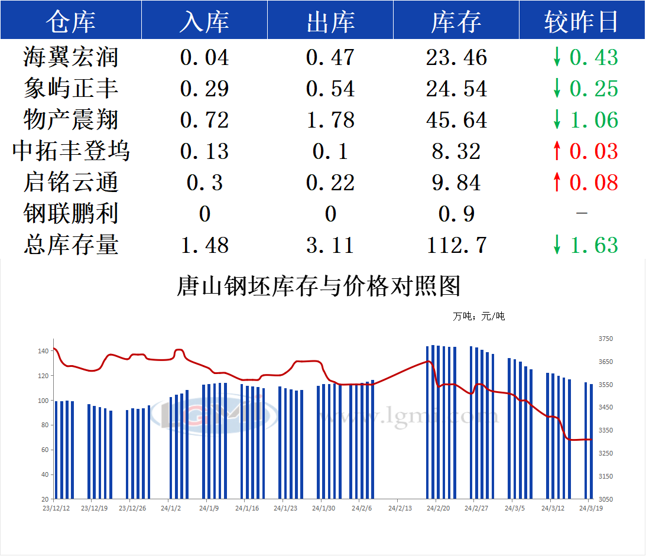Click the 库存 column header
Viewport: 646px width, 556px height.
(x=456, y=22)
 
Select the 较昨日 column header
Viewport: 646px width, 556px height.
(x=582, y=22)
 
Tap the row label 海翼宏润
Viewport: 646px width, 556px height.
(x=71, y=57)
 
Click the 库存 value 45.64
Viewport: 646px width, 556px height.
(x=456, y=120)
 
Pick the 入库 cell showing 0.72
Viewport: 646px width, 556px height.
(x=204, y=120)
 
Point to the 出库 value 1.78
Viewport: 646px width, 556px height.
(x=330, y=120)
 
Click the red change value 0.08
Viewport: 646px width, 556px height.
(x=593, y=183)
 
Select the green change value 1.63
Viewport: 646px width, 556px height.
(x=593, y=245)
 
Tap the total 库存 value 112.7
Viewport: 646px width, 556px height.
(x=456, y=245)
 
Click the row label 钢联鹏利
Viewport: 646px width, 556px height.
(x=71, y=214)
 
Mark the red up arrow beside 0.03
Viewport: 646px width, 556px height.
(x=556, y=151)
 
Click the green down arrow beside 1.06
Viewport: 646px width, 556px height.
(x=556, y=120)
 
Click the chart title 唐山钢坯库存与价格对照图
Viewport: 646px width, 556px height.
(x=319, y=287)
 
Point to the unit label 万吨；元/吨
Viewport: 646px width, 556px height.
(x=479, y=317)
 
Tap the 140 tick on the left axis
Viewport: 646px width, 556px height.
(x=43, y=351)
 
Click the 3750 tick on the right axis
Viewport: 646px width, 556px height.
(x=605, y=339)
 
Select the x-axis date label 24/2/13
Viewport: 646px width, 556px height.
(x=400, y=508)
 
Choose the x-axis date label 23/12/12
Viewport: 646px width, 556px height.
(x=57, y=508)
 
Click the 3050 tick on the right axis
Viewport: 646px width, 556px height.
(x=605, y=499)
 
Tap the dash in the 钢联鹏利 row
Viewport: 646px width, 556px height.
(x=582, y=214)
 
